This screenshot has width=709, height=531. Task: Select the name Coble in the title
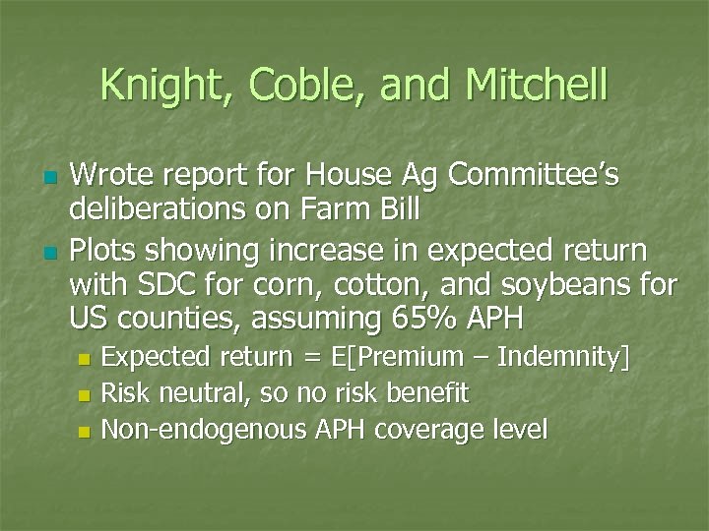(294, 86)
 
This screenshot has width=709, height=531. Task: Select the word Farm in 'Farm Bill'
(332, 211)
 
